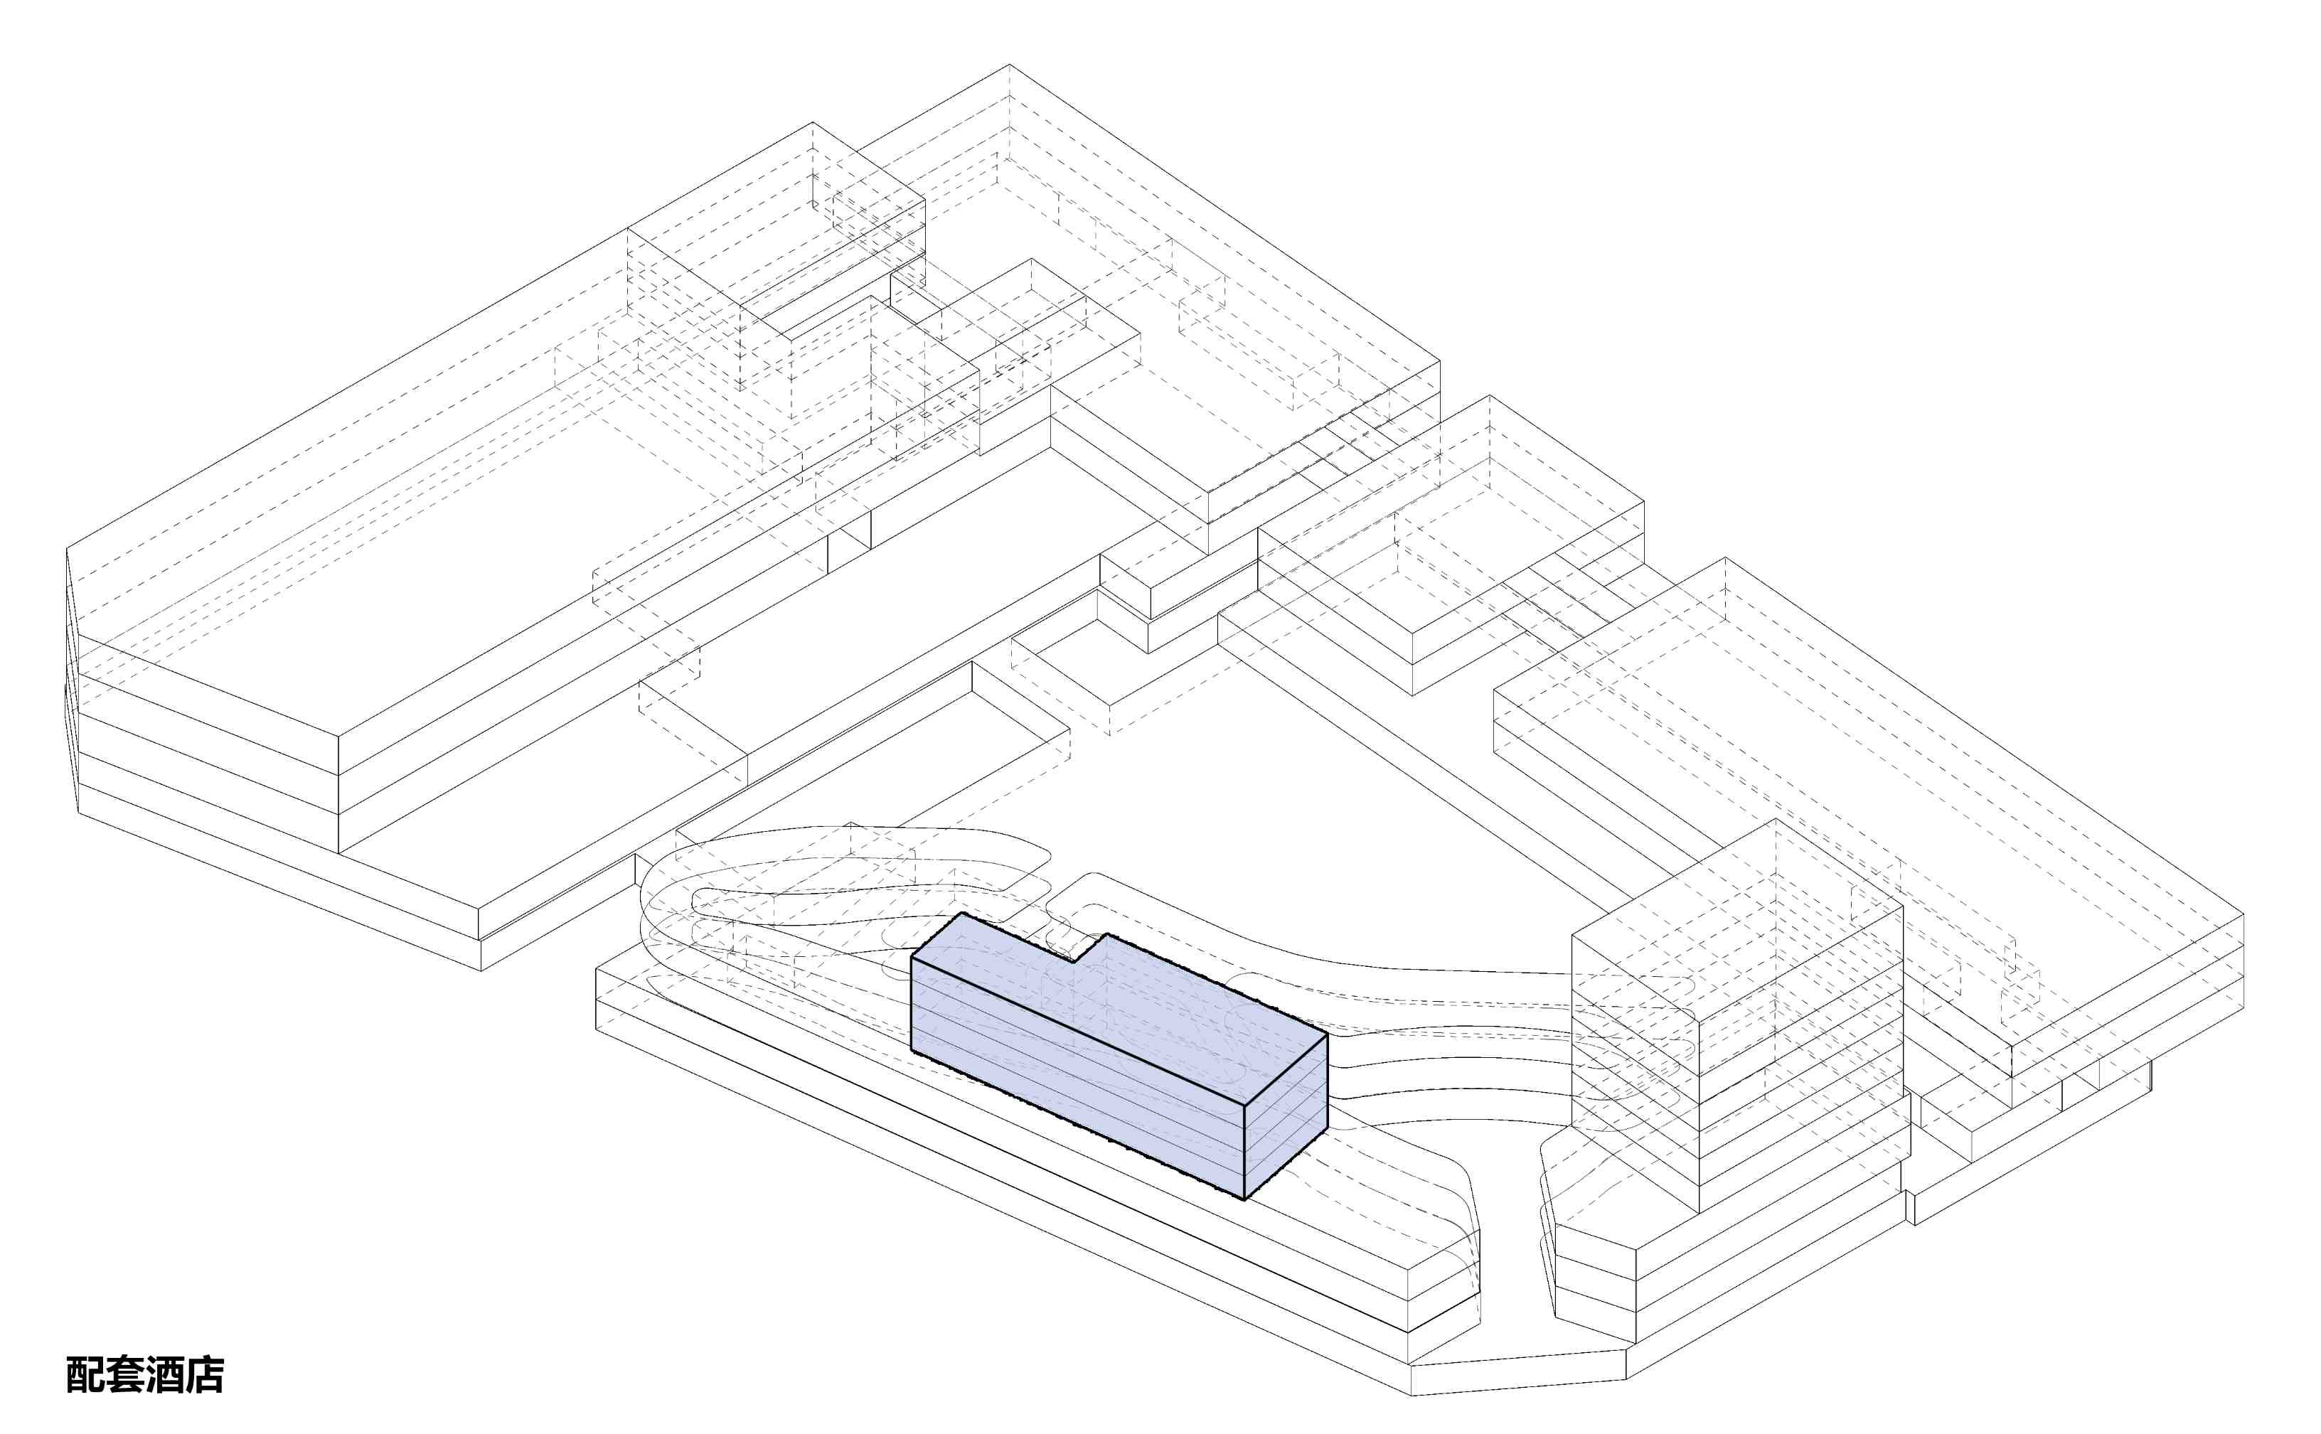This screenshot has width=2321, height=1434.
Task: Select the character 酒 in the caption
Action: (x=165, y=1374)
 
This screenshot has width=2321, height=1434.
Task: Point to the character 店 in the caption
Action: (x=205, y=1374)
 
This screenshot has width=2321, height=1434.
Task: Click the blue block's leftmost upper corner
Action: (x=912, y=957)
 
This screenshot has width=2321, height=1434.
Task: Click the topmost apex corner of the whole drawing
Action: (x=1008, y=65)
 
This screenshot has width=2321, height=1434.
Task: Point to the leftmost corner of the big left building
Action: (x=66, y=548)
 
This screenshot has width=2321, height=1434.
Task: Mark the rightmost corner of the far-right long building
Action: (x=2244, y=914)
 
